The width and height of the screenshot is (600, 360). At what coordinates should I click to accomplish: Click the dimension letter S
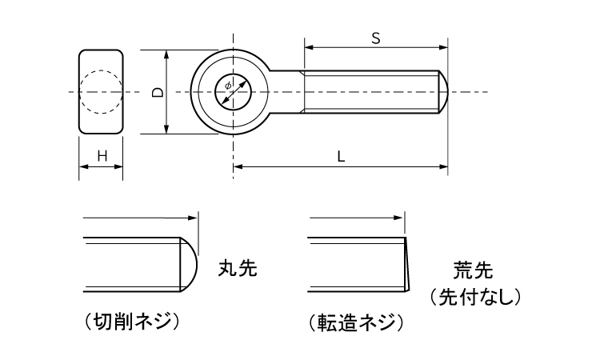374,37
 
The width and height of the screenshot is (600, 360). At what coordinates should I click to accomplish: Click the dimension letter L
341,158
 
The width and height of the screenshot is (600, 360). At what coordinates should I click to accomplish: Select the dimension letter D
158,93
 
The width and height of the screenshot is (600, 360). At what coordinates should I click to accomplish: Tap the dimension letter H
102,157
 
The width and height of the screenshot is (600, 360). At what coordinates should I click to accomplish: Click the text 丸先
238,269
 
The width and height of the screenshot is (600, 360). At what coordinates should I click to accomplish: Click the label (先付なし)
476,298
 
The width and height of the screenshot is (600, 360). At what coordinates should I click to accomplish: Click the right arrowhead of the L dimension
442,167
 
